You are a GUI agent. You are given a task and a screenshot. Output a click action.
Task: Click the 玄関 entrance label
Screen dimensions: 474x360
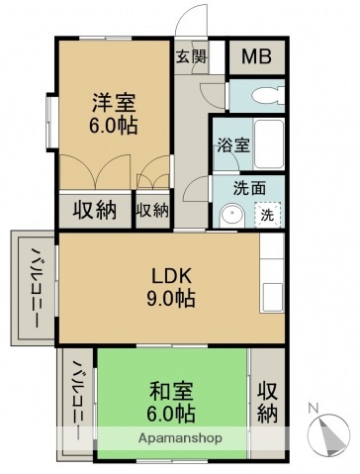pyautogui.click(x=192, y=56)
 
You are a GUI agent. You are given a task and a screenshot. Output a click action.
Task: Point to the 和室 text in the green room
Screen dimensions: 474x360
pyautogui.click(x=172, y=389)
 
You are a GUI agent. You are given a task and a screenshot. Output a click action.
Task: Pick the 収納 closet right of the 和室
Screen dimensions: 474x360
pyautogui.click(x=267, y=401)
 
